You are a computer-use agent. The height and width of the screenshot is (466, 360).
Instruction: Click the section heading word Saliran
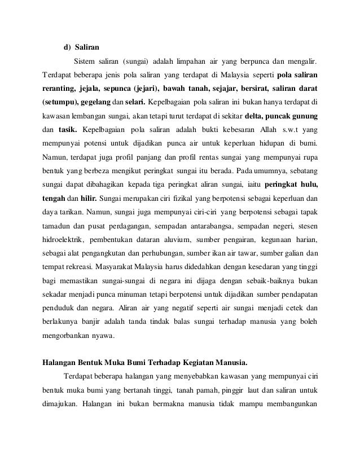click(x=88, y=46)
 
